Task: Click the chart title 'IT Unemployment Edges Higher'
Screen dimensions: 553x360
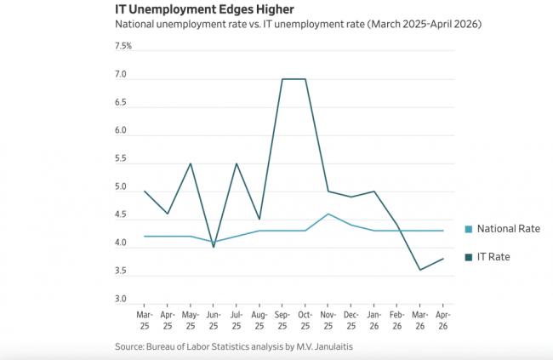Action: [x=204, y=9]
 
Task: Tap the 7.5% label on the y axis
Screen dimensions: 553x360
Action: [x=123, y=46]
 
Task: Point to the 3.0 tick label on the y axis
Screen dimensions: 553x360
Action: [x=121, y=299]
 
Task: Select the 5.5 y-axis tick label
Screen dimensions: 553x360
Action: [x=121, y=158]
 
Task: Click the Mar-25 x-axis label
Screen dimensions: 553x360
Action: [x=145, y=320]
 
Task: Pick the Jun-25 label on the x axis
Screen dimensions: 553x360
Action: [x=214, y=320]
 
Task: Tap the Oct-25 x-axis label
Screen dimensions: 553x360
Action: [x=305, y=320]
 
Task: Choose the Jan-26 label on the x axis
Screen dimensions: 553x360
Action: [x=374, y=320]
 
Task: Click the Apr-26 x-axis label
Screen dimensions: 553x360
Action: [x=443, y=320]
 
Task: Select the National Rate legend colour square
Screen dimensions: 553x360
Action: [x=469, y=229]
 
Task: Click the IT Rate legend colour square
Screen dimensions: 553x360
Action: [x=469, y=257]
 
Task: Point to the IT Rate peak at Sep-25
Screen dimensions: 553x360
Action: [x=282, y=79]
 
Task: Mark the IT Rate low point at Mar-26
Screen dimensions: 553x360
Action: [x=420, y=270]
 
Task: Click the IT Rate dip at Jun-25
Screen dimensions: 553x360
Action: [x=214, y=247]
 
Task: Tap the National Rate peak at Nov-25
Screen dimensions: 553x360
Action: [x=328, y=214]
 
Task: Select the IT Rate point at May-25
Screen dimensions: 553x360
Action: [x=191, y=163]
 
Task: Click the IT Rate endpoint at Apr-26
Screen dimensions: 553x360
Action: [x=443, y=259]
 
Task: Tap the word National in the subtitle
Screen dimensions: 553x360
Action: [x=134, y=24]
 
